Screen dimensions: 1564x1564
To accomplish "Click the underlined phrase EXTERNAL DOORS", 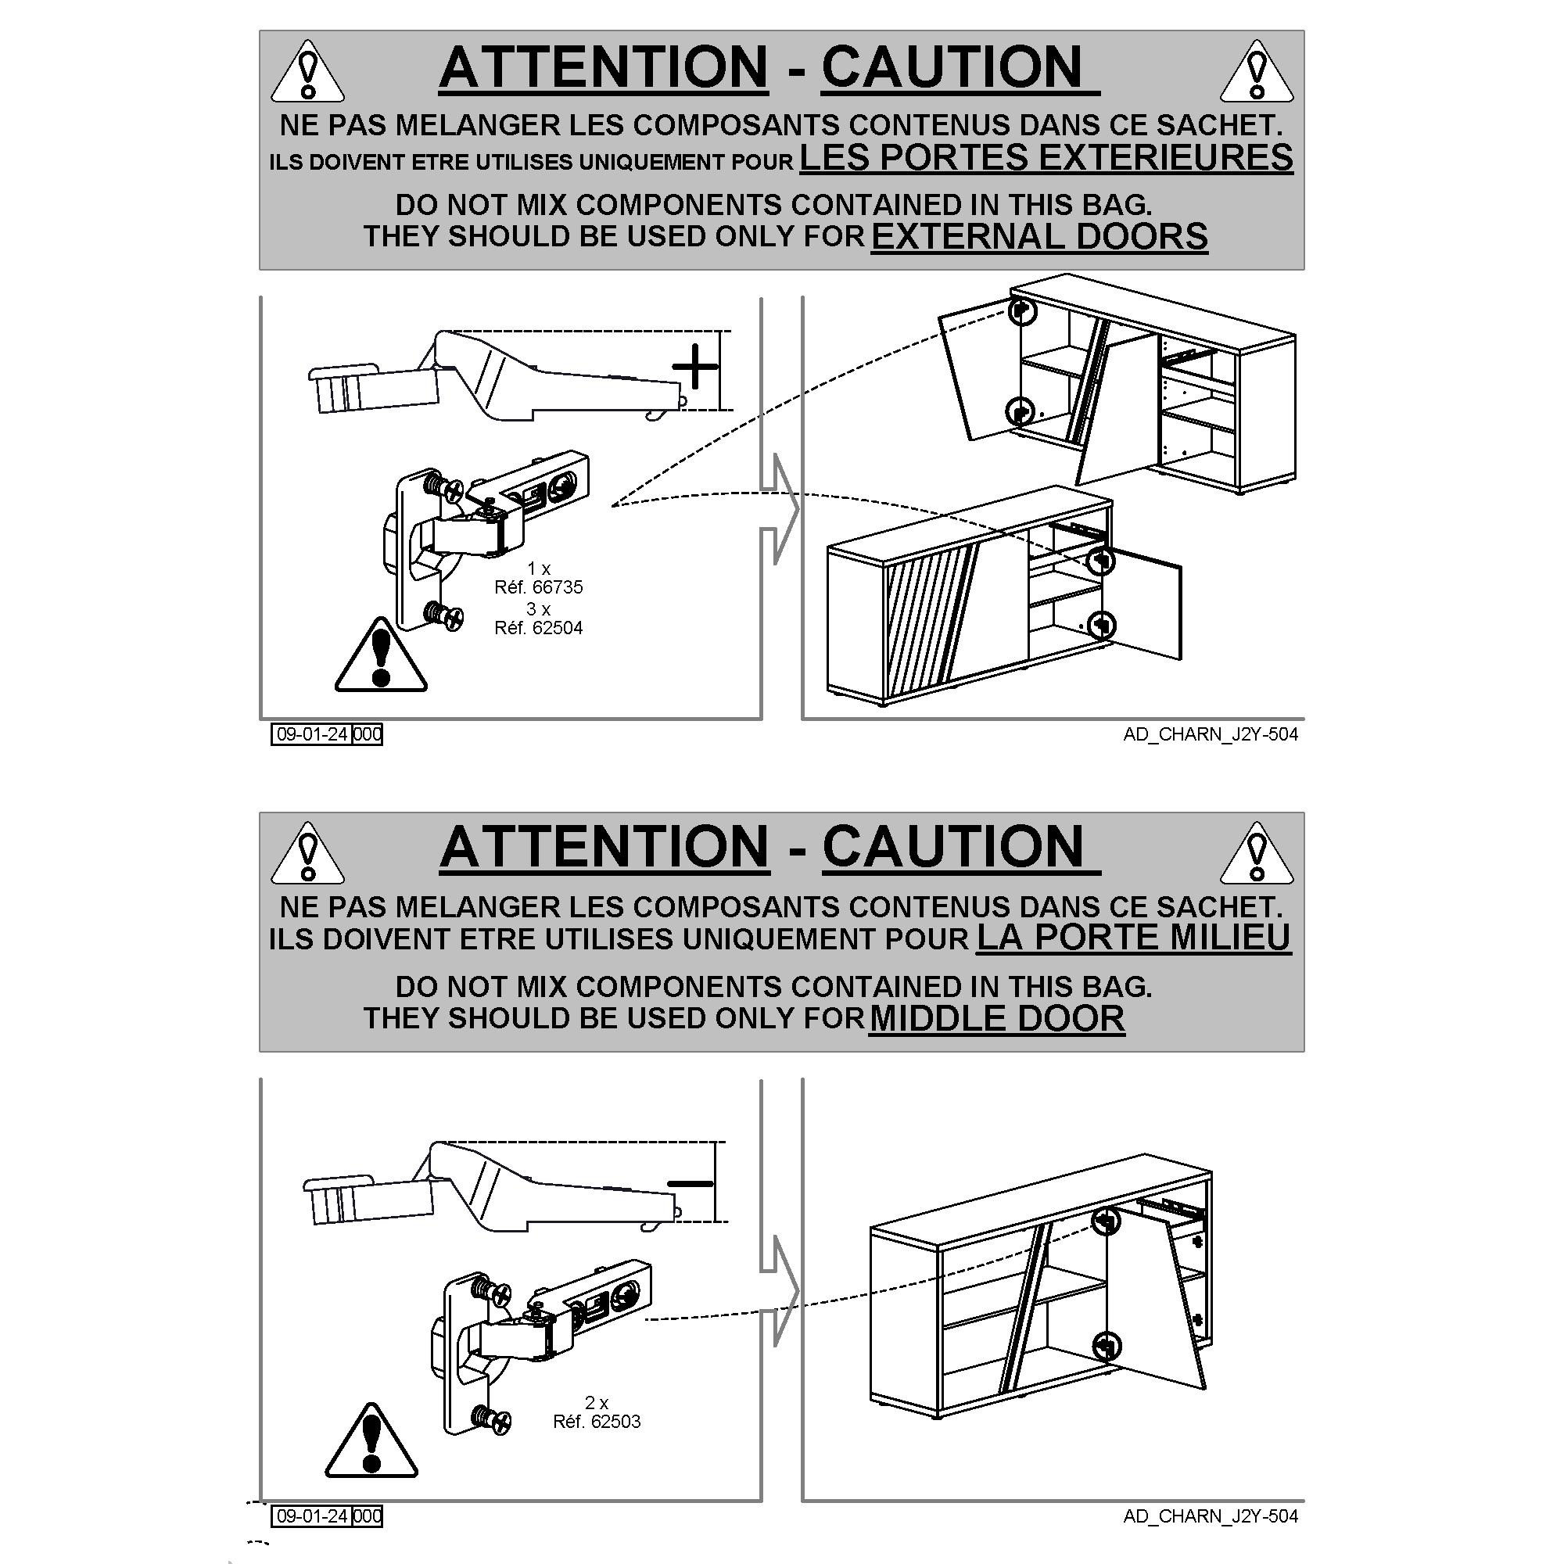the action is pos(1039,236).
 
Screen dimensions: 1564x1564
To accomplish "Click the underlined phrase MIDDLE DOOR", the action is pos(996,1018).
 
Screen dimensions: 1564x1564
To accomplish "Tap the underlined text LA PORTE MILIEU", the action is pos(1133,938).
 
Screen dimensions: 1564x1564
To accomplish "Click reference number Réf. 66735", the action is pos(538,587).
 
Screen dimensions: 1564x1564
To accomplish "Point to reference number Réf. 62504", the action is pos(538,627).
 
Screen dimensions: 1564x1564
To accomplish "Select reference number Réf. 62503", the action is pos(597,1422).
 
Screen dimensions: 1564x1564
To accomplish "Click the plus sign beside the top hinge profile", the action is pos(694,368).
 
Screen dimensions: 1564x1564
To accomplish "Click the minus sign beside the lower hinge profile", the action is pos(690,1183).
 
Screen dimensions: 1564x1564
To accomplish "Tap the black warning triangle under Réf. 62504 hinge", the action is pos(381,656).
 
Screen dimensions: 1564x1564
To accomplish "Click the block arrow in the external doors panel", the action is pos(779,508).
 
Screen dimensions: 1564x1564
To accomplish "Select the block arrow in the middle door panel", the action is pos(779,1291).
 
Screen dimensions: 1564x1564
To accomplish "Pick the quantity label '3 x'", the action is pos(538,608).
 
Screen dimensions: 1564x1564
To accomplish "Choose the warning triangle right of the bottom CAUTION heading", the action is pos(1257,853).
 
